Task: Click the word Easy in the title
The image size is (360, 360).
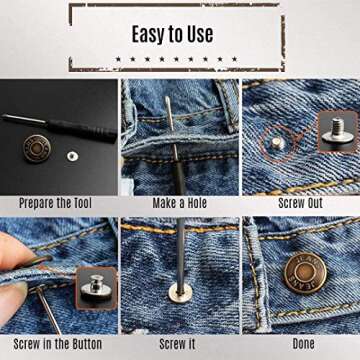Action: (x=150, y=34)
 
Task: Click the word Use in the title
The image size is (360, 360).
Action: (x=199, y=34)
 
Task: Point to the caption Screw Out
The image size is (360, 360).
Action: (x=300, y=203)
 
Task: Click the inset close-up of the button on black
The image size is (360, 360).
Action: (x=97, y=289)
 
